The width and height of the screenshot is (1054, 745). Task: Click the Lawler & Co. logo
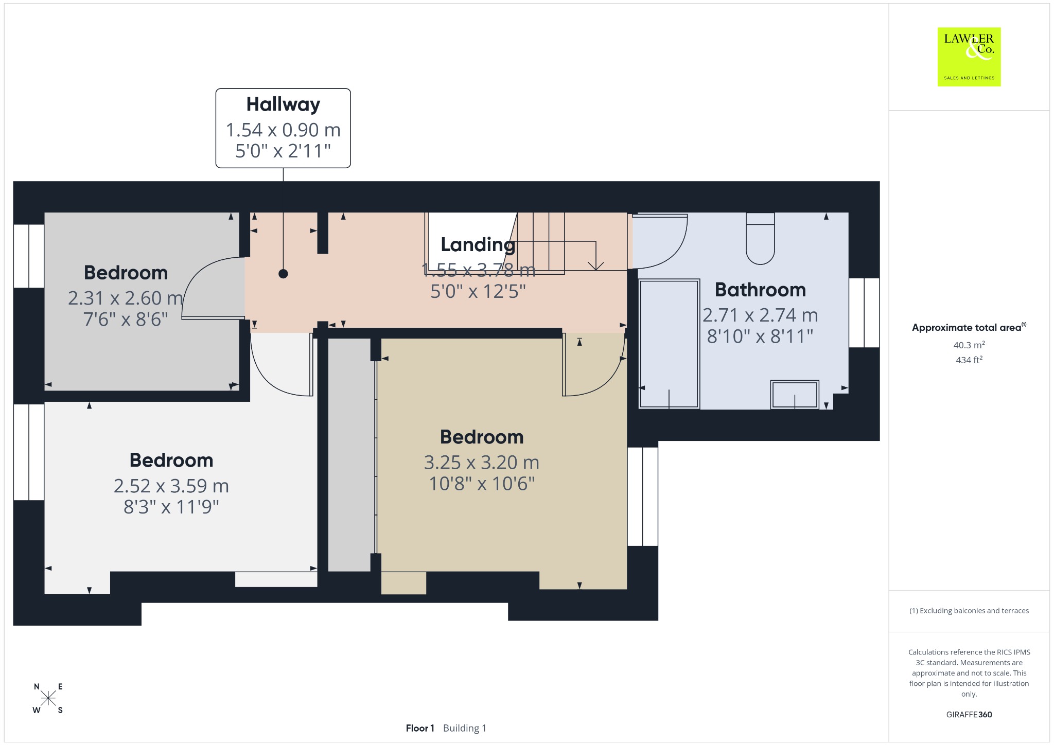[x=969, y=57]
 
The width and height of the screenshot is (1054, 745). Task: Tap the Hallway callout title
[x=283, y=104]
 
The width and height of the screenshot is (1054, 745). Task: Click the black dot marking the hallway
[x=283, y=274]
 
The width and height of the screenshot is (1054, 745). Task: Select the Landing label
[x=478, y=245]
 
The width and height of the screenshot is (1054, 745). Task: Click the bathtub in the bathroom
[x=669, y=344]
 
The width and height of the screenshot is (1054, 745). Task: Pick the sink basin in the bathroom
[x=795, y=395]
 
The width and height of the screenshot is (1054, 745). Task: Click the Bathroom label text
[x=760, y=290]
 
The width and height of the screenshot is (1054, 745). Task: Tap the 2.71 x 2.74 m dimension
[x=760, y=315]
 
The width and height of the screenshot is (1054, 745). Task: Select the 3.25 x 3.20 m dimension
[x=482, y=463]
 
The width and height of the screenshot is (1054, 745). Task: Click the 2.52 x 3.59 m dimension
[x=171, y=486]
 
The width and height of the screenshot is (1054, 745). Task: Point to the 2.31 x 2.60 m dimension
[x=126, y=298]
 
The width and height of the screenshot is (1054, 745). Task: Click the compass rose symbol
[x=48, y=699]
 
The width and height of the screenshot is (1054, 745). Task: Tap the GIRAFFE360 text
[x=969, y=715]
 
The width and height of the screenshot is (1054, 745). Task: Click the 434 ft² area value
[x=969, y=360]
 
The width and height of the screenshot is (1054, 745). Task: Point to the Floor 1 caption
[x=420, y=728]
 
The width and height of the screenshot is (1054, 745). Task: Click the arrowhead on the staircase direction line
[x=596, y=266]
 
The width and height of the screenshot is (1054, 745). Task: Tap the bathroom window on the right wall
[x=864, y=313]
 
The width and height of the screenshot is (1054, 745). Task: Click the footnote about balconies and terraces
[x=969, y=611]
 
